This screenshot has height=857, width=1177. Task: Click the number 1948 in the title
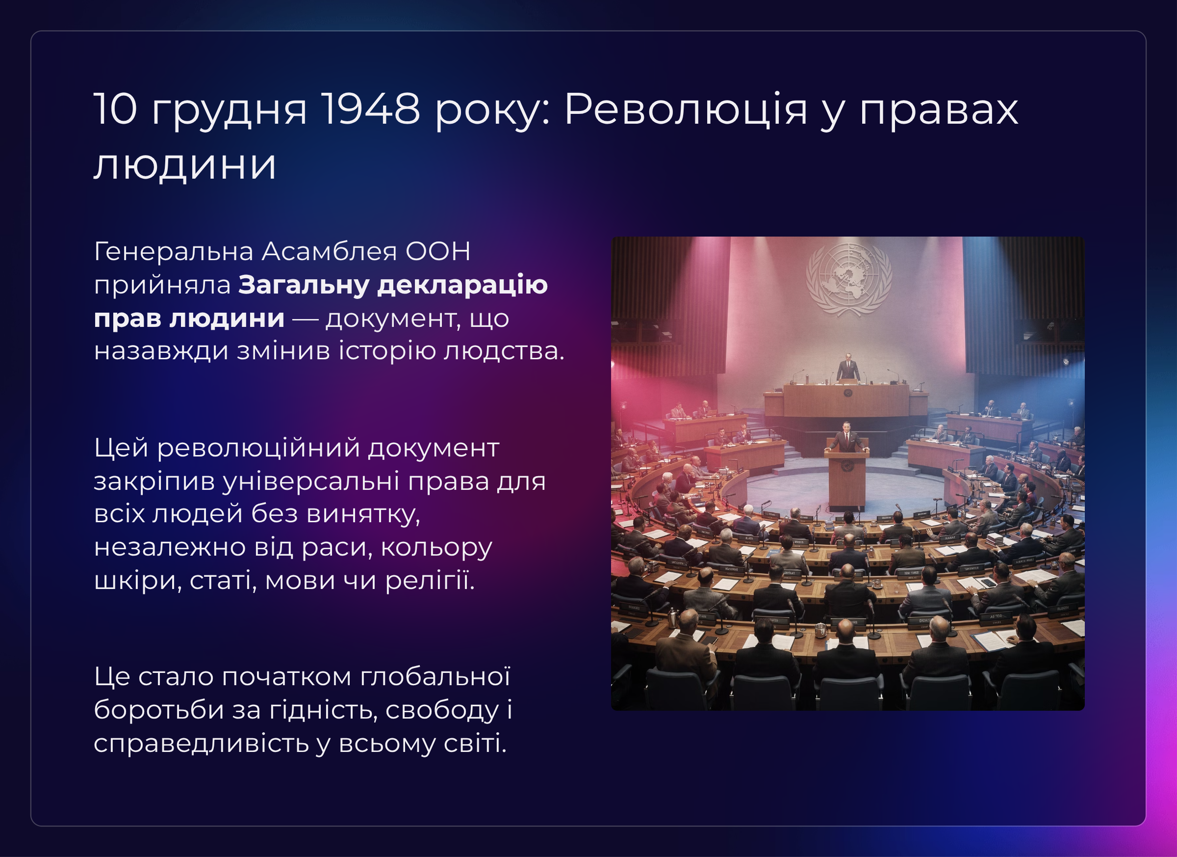tap(371, 109)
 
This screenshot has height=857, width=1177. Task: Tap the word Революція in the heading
tap(686, 109)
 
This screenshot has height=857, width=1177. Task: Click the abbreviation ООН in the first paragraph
tap(437, 251)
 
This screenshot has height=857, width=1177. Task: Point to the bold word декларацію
tap(462, 285)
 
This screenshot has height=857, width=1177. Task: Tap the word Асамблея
tap(330, 251)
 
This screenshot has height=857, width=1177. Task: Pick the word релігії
tap(430, 581)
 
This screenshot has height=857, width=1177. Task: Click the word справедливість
tap(202, 744)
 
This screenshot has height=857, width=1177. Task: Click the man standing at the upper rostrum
tap(848, 368)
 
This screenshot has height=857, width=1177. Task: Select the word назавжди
tap(161, 351)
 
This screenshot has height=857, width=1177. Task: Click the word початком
tap(287, 677)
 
